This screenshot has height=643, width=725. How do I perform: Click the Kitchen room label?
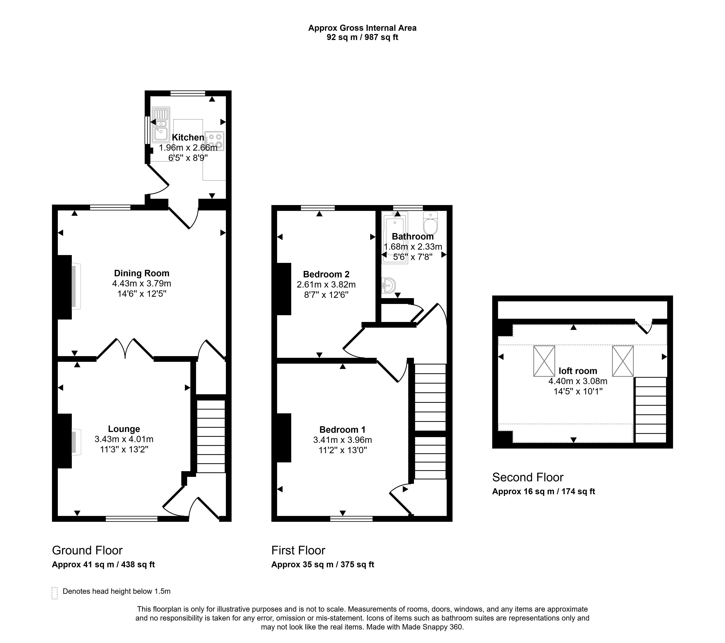(188, 137)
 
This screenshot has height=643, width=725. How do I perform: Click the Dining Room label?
(141, 273)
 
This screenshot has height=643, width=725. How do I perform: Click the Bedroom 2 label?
(326, 274)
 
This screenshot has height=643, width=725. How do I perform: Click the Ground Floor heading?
(87, 550)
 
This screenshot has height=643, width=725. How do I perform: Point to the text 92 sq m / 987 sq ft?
(362, 37)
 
